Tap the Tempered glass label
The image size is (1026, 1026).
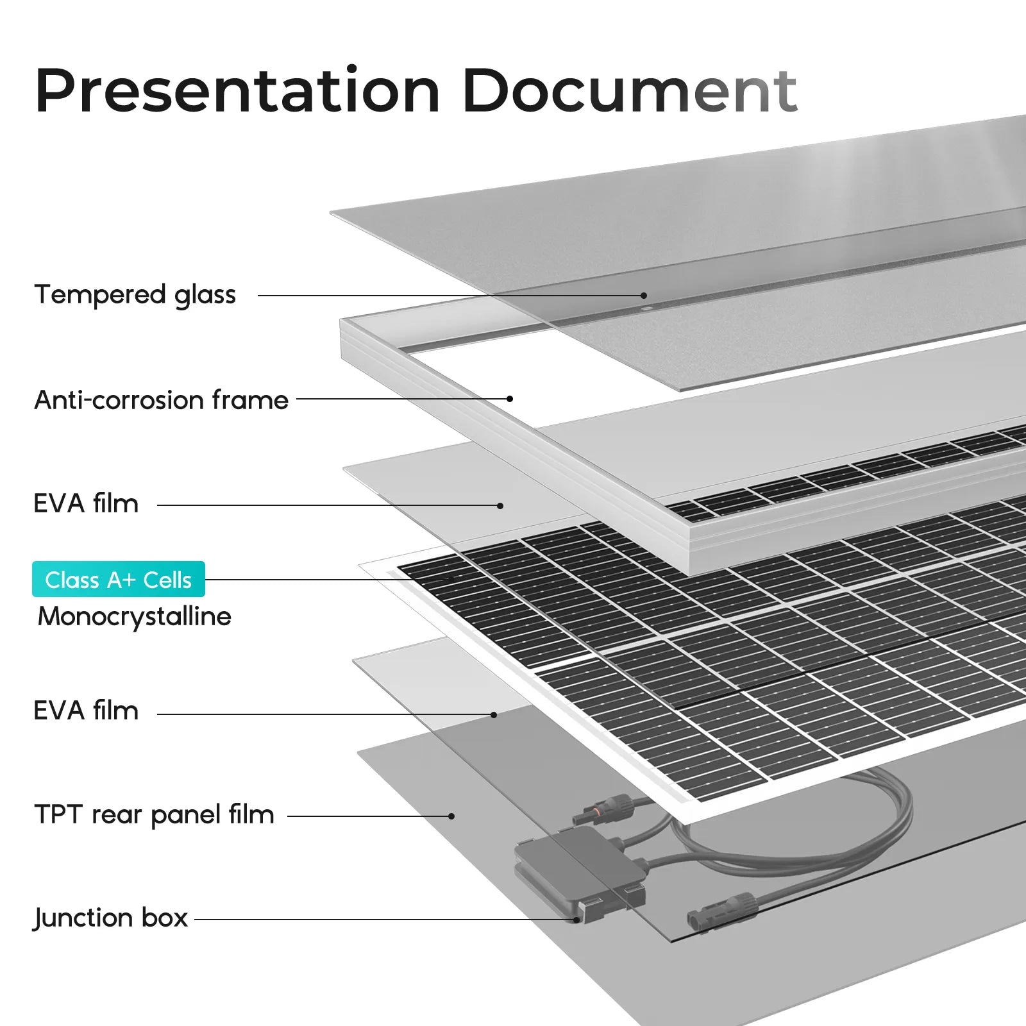pos(135,295)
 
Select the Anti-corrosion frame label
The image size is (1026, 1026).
pos(162,399)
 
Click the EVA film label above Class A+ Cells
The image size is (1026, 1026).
pos(86,503)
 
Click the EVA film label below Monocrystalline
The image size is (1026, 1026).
pos(86,711)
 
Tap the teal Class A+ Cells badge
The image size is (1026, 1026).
pos(119,579)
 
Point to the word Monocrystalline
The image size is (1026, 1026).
pos(135,616)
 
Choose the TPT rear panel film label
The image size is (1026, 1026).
pos(155,814)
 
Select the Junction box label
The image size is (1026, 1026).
pos(111,918)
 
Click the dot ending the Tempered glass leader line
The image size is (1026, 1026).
pos(644,296)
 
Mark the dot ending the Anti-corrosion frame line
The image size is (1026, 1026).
pos(510,399)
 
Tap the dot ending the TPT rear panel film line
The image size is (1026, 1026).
pos(452,816)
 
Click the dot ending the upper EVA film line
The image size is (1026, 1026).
pos(500,505)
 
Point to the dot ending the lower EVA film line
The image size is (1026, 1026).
pos(494,714)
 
